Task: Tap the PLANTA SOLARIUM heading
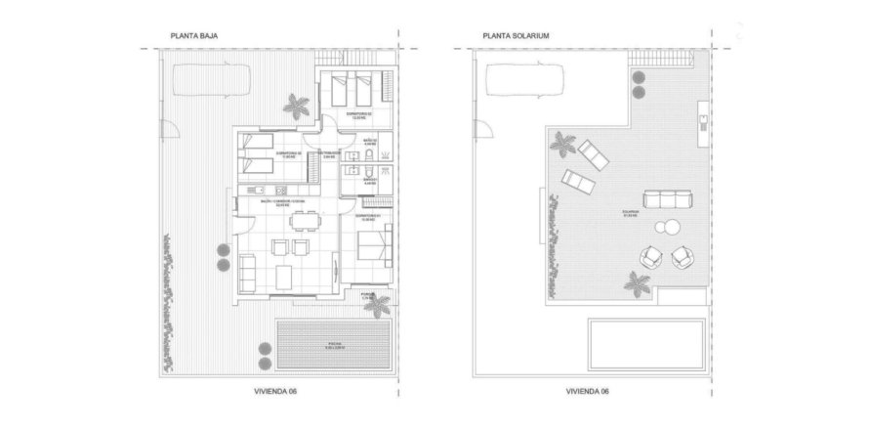516,37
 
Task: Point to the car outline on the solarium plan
523,77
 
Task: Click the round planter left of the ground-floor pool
260,346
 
